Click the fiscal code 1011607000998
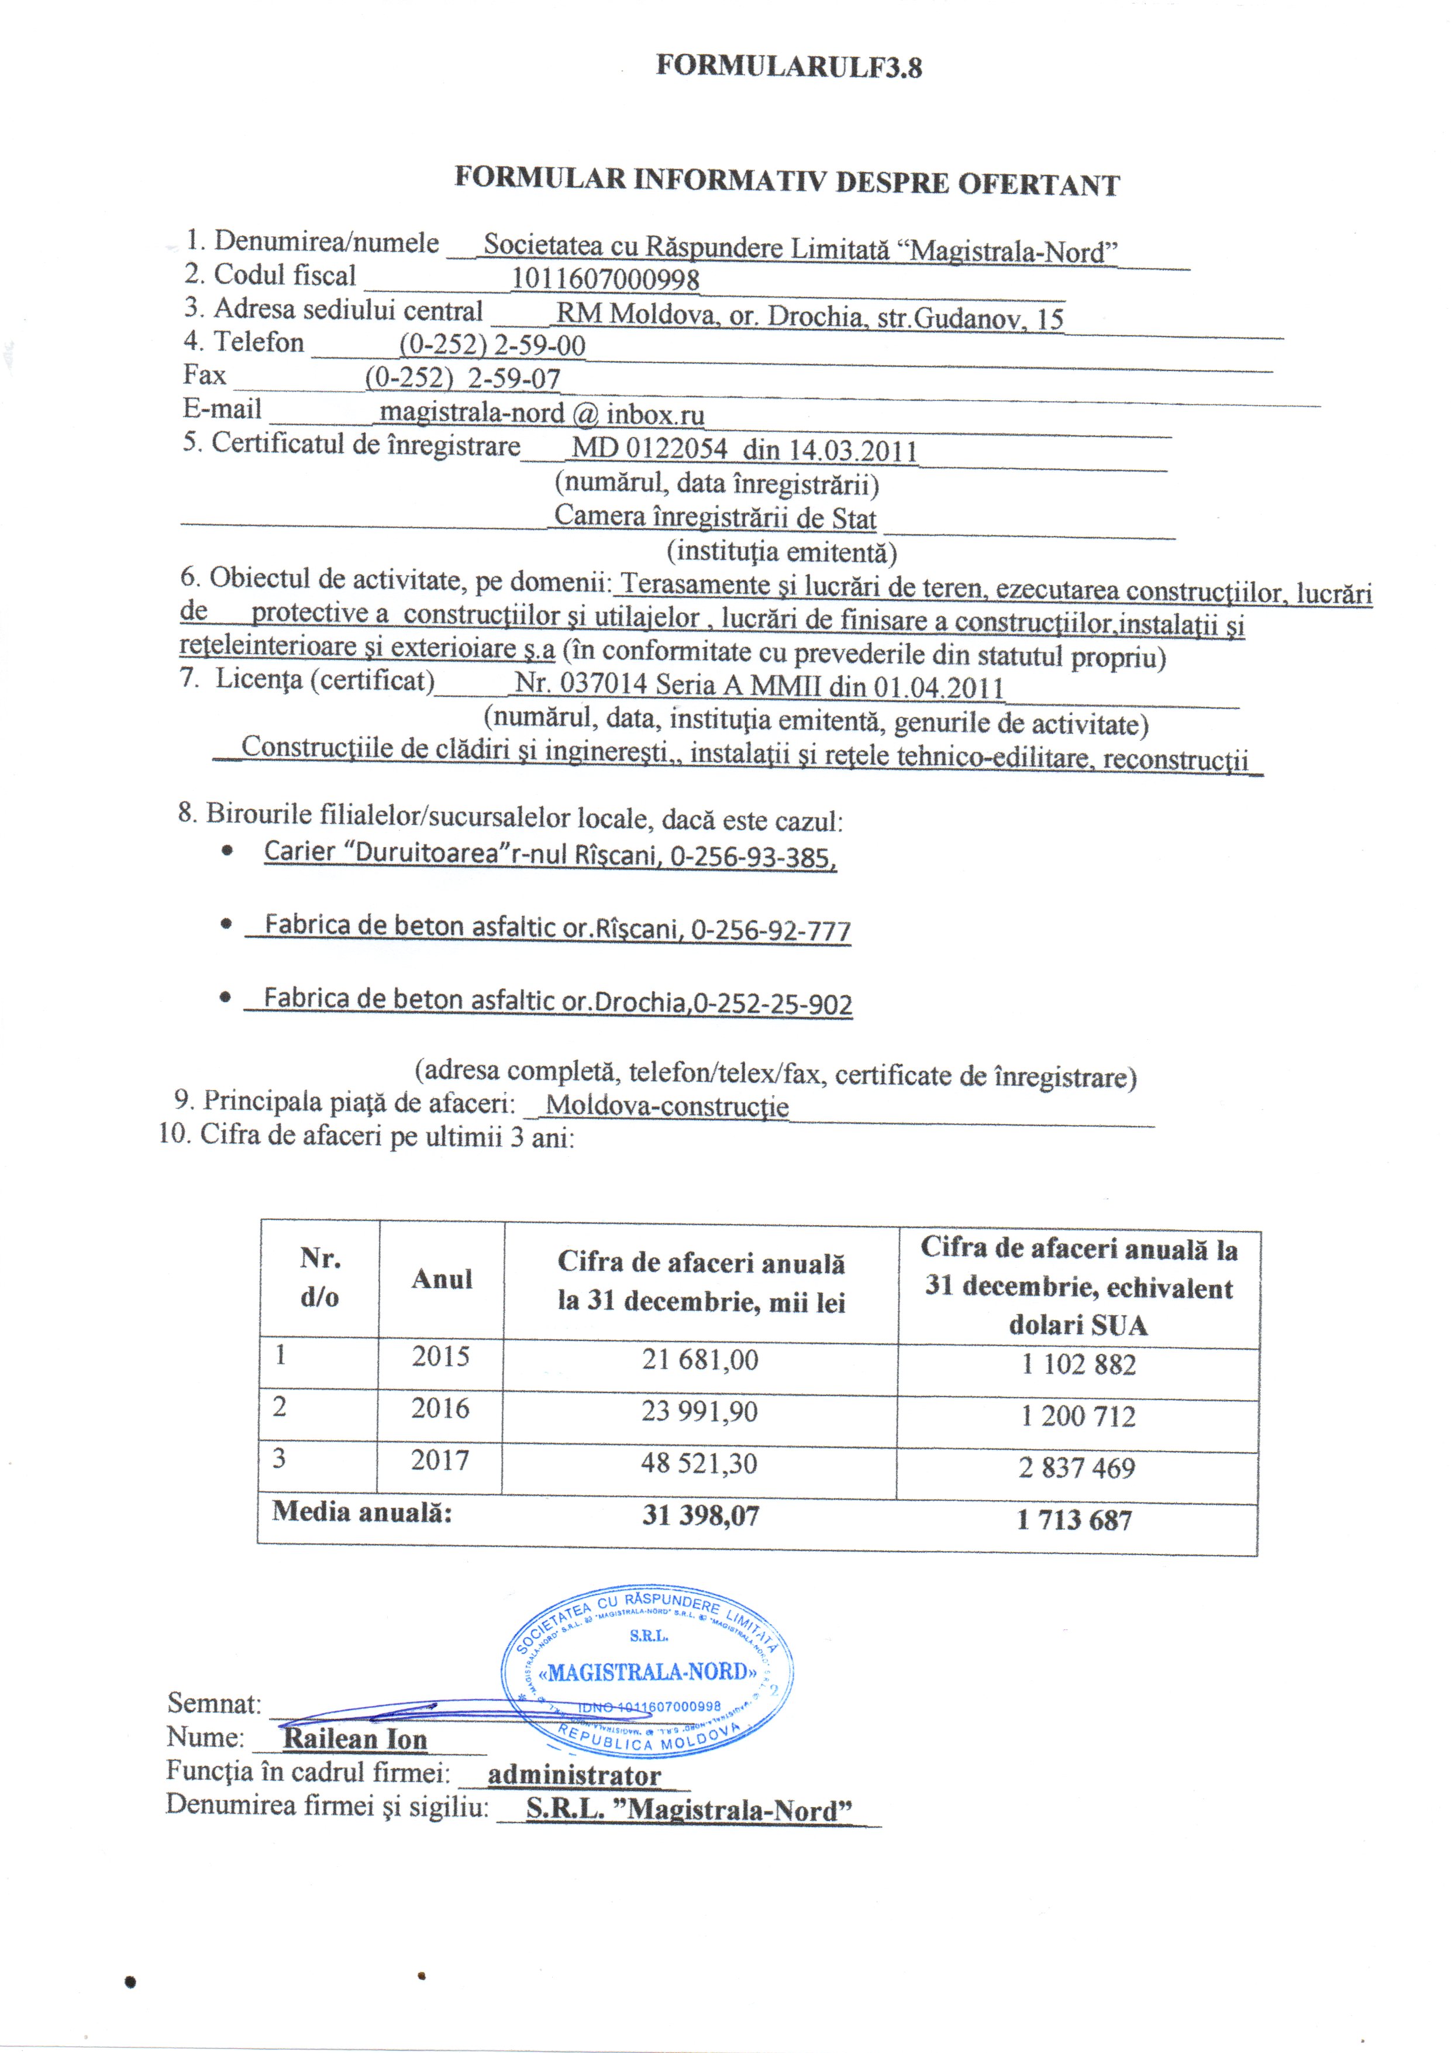[x=605, y=279]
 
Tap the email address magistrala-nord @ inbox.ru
[x=542, y=413]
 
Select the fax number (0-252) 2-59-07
[x=462, y=378]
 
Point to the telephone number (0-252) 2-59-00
[x=492, y=345]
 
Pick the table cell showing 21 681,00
[x=700, y=1360]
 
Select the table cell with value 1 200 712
[x=1078, y=1415]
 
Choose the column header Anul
[x=442, y=1278]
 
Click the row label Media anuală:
[x=362, y=1512]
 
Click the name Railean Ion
[x=355, y=1738]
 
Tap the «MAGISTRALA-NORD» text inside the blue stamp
[x=648, y=1671]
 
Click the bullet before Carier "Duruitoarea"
[x=228, y=851]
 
